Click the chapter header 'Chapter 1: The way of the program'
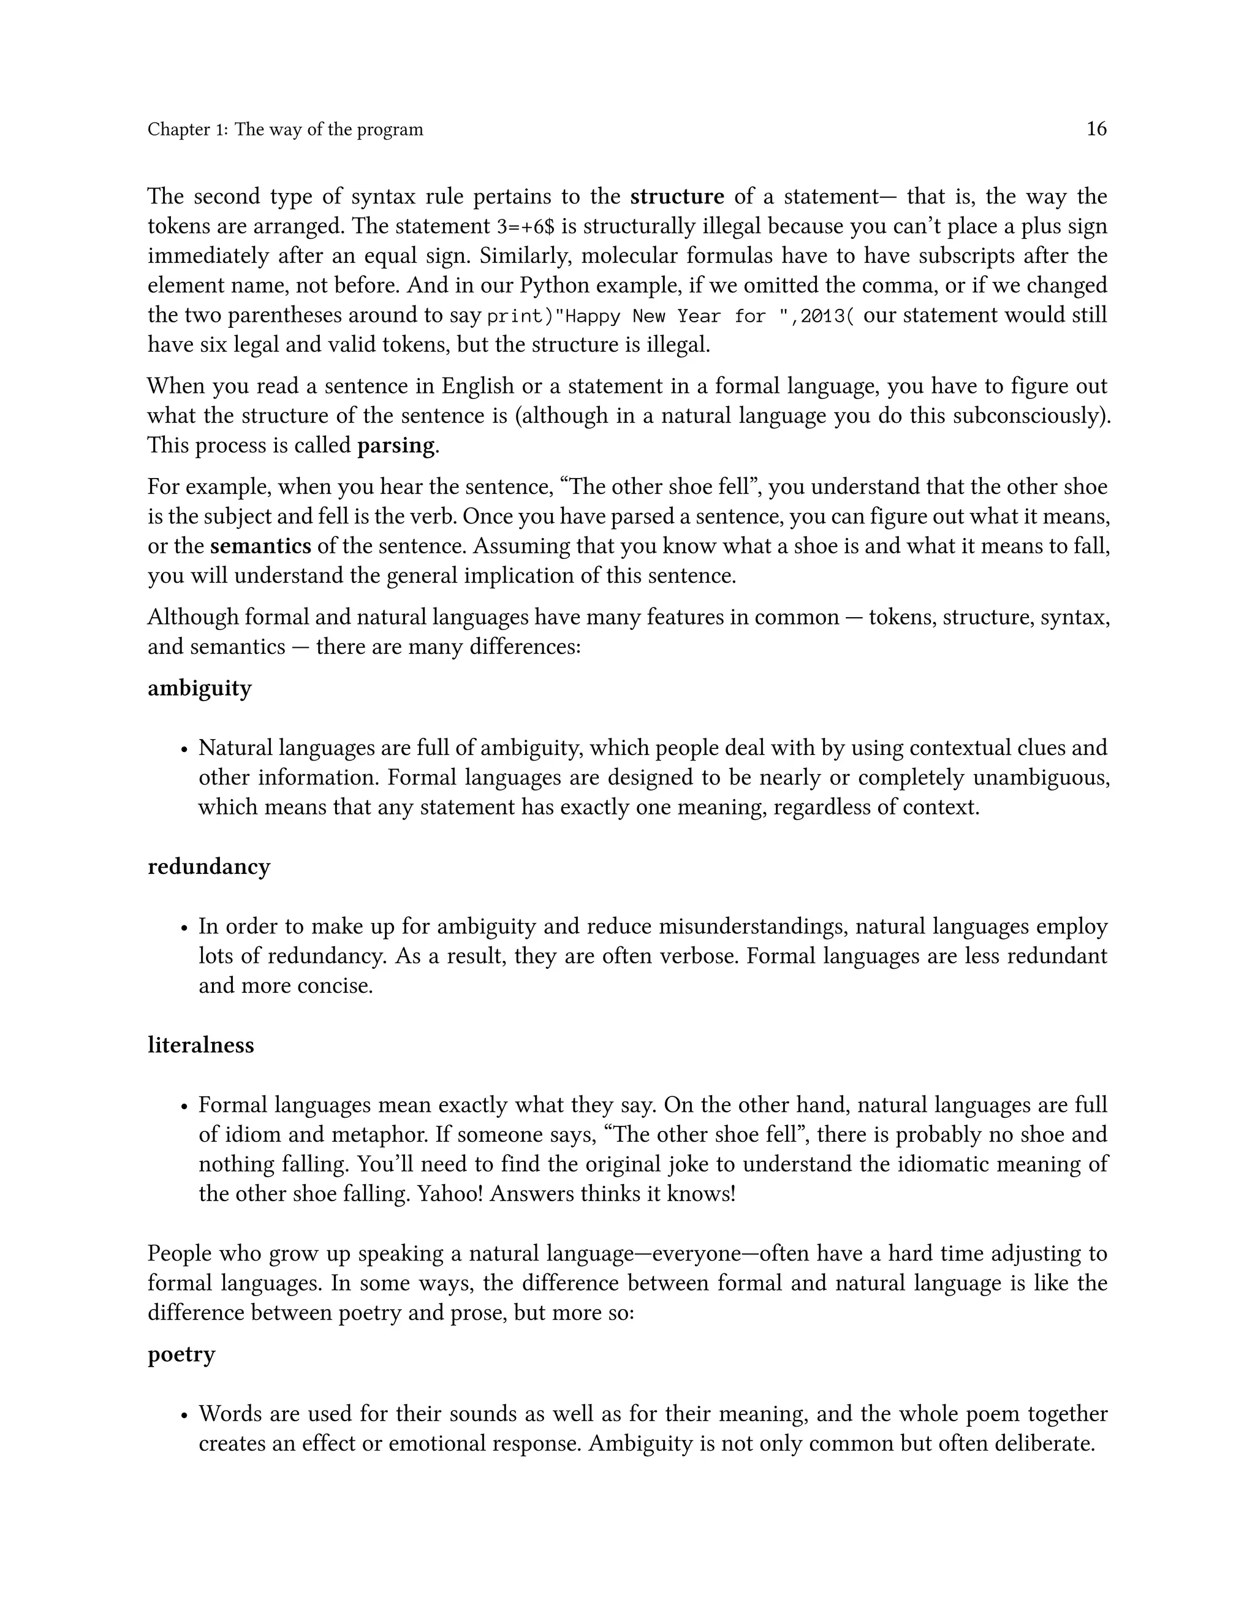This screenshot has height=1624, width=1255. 285,129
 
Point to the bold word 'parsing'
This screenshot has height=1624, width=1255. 395,446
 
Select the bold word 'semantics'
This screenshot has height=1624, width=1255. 260,547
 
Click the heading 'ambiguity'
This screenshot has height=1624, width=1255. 199,689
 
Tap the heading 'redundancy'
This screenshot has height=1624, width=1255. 209,867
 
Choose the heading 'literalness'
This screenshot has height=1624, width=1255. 201,1045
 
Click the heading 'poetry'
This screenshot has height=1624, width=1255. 181,1354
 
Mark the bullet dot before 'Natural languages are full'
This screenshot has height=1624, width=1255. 184,749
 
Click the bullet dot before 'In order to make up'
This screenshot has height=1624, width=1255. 184,928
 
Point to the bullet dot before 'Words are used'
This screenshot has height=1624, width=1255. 184,1415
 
